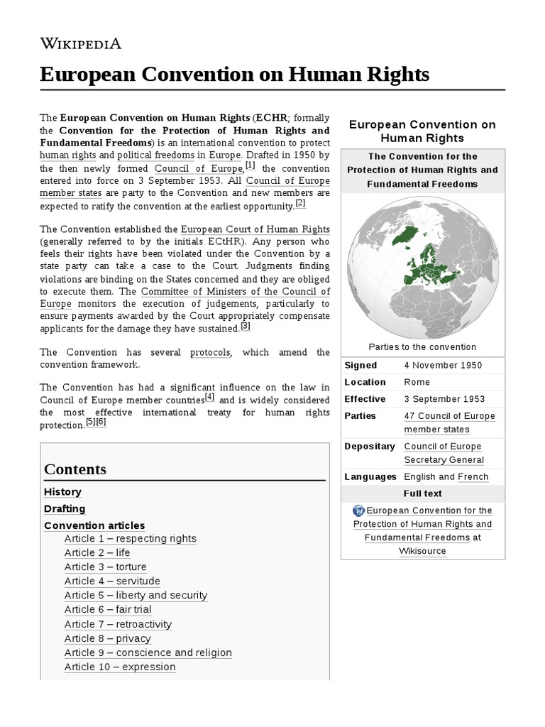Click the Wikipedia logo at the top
point(81,43)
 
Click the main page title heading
point(235,74)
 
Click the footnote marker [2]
point(300,204)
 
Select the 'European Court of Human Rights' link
point(255,229)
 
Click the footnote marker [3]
point(246,327)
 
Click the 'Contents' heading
point(75,469)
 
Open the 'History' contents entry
point(62,492)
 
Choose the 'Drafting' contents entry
point(65,509)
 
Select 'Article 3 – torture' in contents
point(105,567)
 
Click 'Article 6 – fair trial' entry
point(108,609)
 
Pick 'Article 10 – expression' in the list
point(120,667)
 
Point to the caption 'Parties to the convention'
point(422,347)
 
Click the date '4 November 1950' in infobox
point(443,366)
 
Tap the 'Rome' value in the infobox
point(417,382)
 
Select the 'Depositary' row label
point(369,447)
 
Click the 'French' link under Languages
point(473,477)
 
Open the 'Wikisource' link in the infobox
point(422,551)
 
